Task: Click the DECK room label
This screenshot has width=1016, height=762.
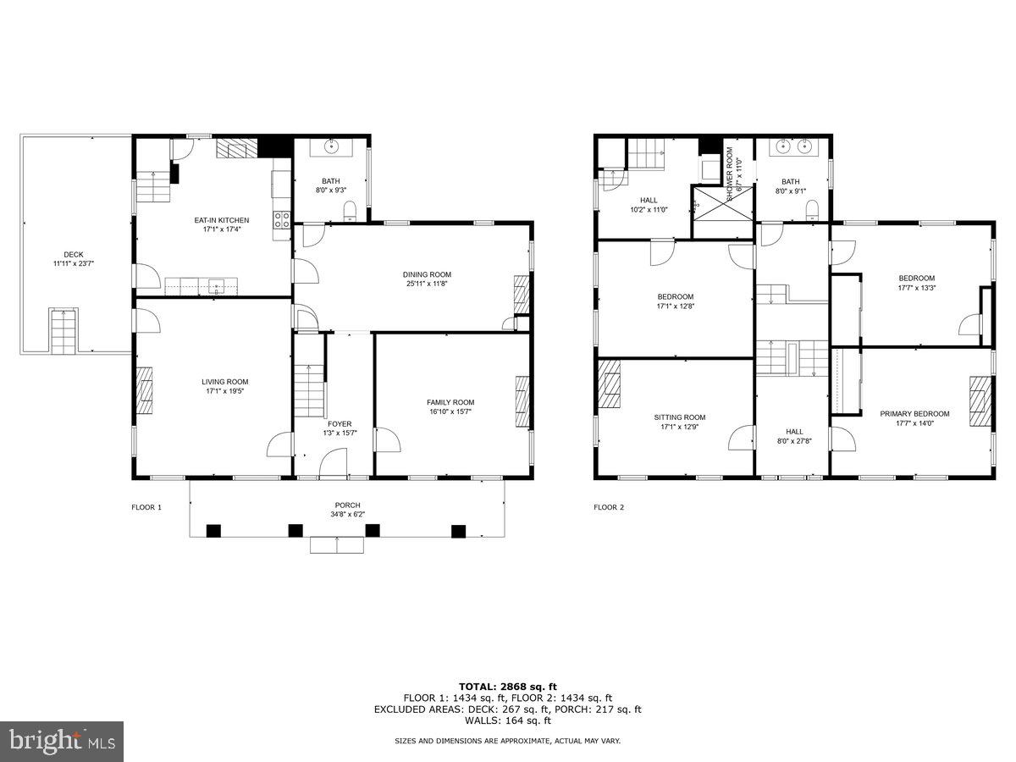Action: (x=74, y=255)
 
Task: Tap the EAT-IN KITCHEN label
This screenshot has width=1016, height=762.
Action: (x=222, y=220)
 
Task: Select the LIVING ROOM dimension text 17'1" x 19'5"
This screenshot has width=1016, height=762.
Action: (x=225, y=391)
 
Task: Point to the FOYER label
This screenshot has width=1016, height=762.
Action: (x=340, y=424)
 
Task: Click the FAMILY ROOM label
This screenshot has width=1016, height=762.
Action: (x=450, y=402)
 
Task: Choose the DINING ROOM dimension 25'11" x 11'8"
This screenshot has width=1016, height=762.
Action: (x=427, y=284)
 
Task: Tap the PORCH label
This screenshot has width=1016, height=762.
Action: (x=348, y=505)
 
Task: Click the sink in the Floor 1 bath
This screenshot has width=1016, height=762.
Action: (x=331, y=146)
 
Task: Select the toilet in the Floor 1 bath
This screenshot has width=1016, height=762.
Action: (x=351, y=212)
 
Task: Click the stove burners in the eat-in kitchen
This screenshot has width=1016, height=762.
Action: (x=282, y=219)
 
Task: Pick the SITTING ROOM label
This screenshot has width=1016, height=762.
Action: (x=680, y=417)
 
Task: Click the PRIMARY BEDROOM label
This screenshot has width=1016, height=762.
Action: (x=914, y=414)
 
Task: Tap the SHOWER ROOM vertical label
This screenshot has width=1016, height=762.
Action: (x=730, y=174)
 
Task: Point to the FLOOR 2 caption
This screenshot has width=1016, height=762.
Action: (x=609, y=507)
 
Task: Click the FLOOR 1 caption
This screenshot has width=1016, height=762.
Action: (x=146, y=507)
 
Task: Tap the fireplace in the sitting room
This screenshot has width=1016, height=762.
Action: (x=609, y=384)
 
